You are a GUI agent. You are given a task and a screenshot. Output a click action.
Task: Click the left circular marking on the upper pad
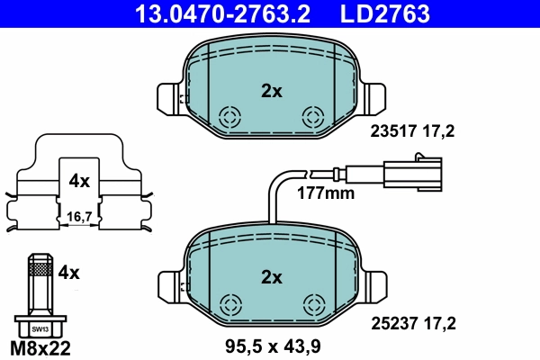click(230, 117)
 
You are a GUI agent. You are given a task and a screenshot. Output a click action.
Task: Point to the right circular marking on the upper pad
click(313, 117)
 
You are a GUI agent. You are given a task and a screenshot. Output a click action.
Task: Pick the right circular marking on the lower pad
click(313, 303)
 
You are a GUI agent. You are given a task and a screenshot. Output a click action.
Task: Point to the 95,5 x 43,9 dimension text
click(271, 344)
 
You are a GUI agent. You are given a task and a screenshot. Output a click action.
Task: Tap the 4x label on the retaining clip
click(79, 181)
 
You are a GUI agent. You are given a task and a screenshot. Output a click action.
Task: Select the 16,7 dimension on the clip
click(80, 216)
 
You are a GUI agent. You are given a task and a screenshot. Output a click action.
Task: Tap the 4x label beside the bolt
click(69, 270)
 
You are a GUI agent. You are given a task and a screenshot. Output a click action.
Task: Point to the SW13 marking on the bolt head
click(37, 329)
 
